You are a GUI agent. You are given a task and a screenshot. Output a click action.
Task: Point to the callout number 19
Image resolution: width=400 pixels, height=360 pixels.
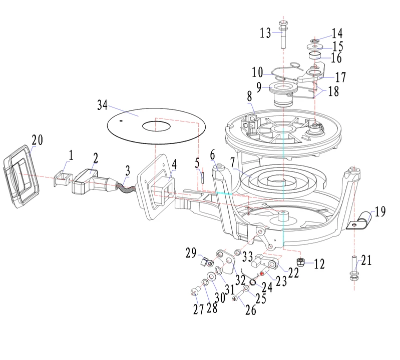pos(379,211)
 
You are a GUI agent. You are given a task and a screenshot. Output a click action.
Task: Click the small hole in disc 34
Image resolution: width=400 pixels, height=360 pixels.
pos(122,119)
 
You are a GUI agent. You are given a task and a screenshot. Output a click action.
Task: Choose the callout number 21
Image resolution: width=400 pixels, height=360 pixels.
pos(367,260)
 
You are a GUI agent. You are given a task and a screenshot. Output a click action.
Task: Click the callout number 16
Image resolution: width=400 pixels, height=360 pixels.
pos(337,58)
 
